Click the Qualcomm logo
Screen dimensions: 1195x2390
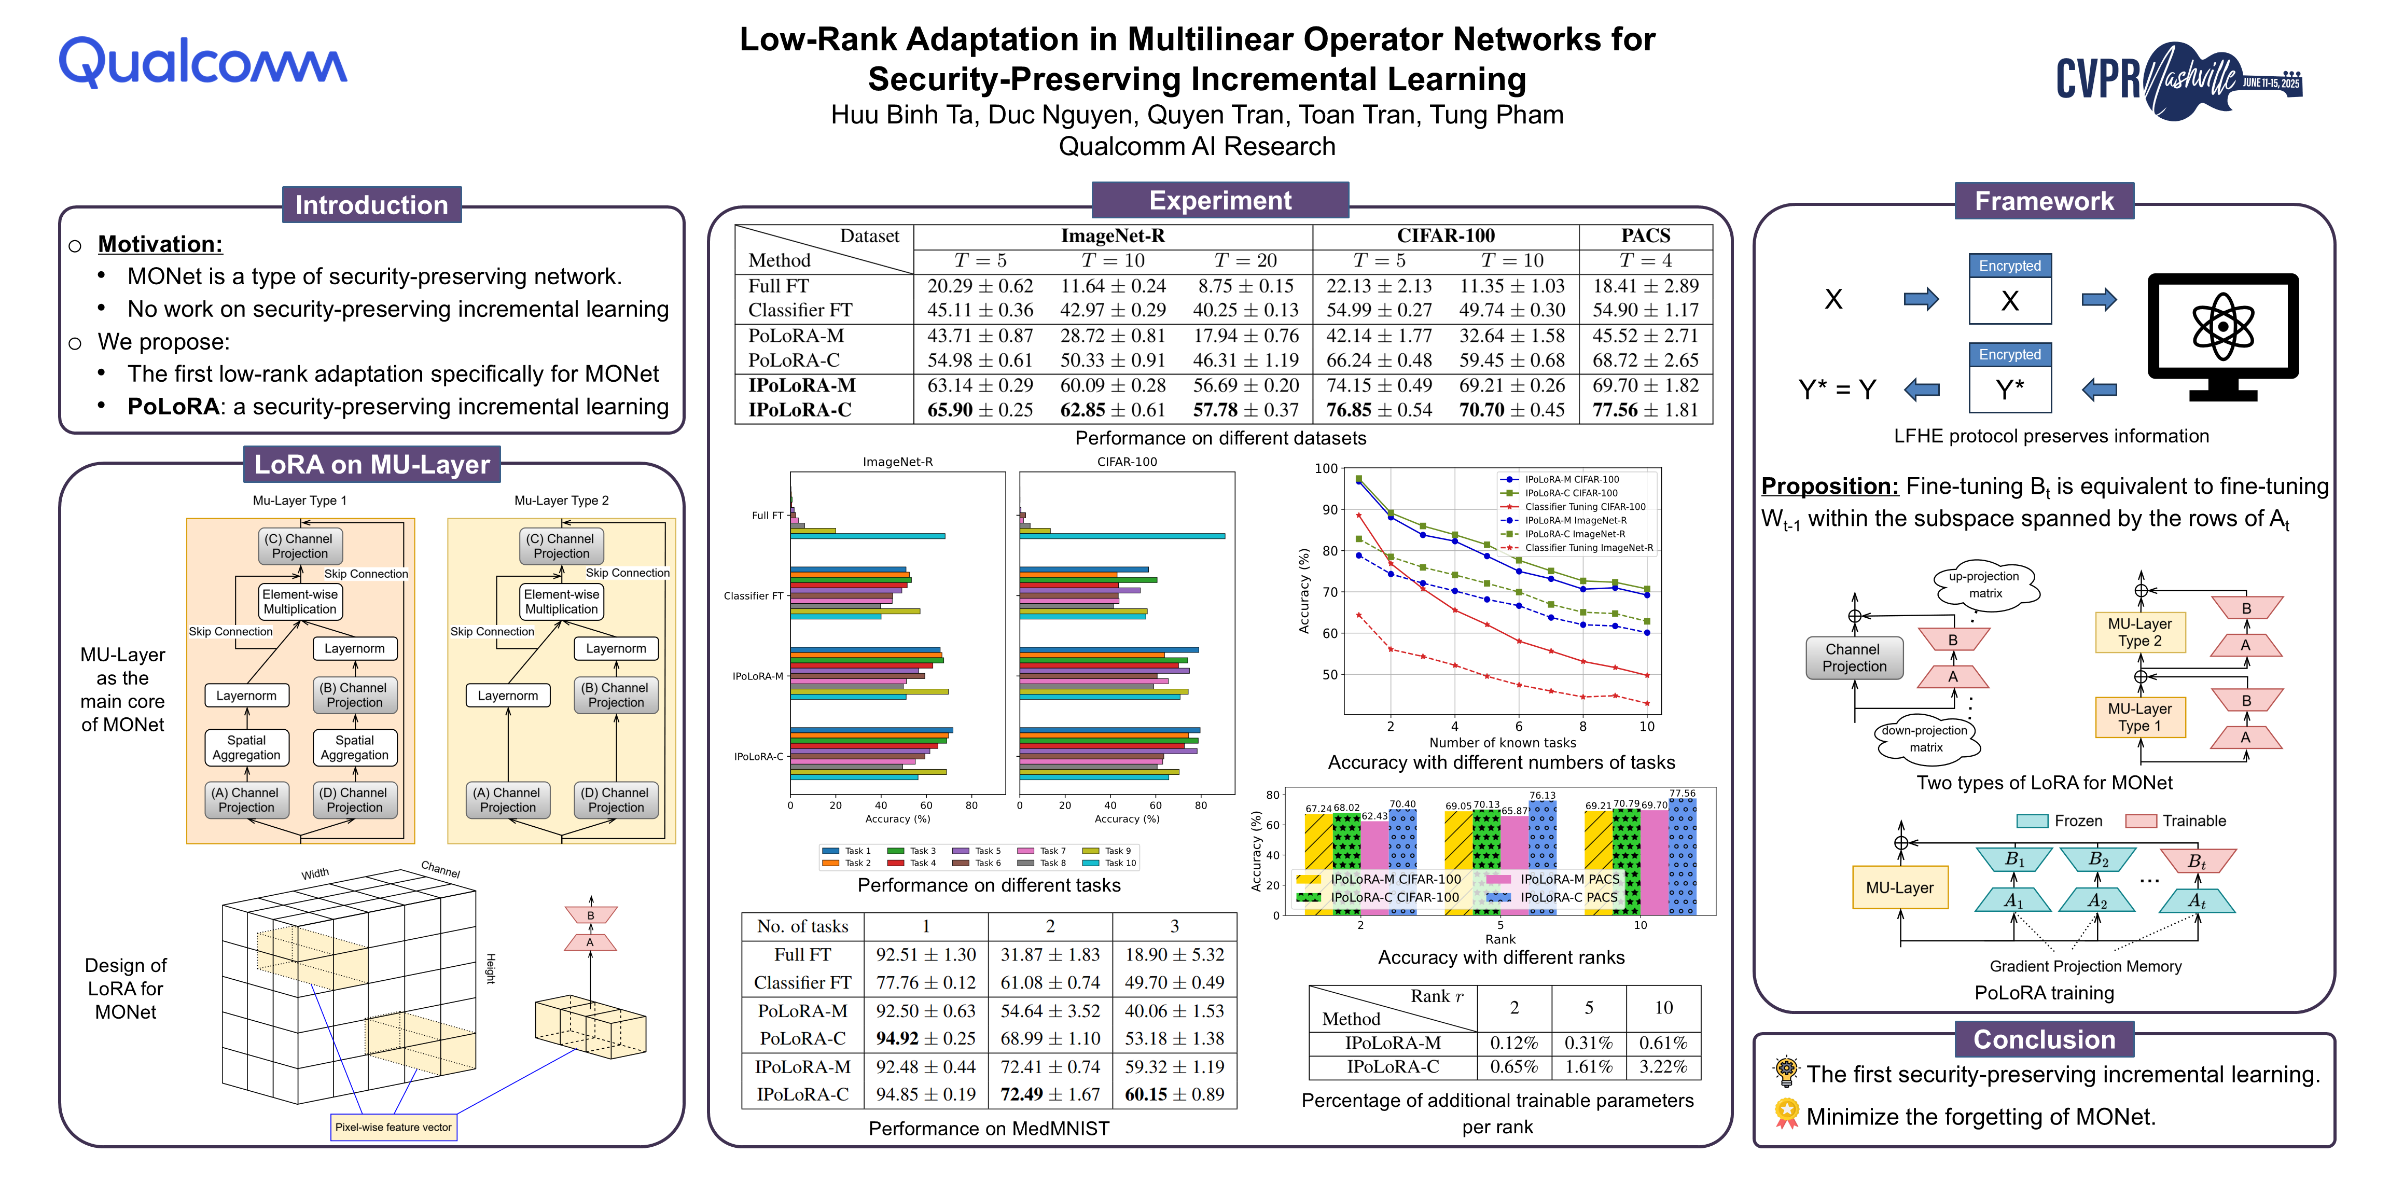(x=202, y=63)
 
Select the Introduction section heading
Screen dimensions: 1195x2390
(x=371, y=204)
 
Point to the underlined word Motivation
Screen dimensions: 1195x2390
(x=160, y=244)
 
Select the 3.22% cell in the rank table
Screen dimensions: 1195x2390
(x=1663, y=1067)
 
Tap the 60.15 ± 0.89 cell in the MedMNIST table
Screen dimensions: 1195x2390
(x=1174, y=1095)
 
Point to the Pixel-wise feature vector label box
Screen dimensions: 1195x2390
(x=393, y=1127)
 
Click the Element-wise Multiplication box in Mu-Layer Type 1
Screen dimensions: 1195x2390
(x=300, y=601)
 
